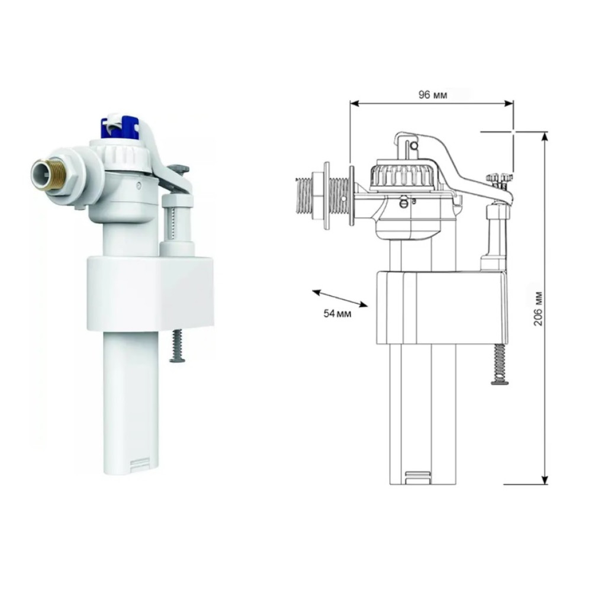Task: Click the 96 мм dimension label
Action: (x=432, y=95)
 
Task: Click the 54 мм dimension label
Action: (x=337, y=313)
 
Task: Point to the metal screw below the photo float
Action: (x=177, y=346)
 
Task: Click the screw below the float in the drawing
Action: (x=500, y=365)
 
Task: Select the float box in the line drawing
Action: (x=442, y=307)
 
